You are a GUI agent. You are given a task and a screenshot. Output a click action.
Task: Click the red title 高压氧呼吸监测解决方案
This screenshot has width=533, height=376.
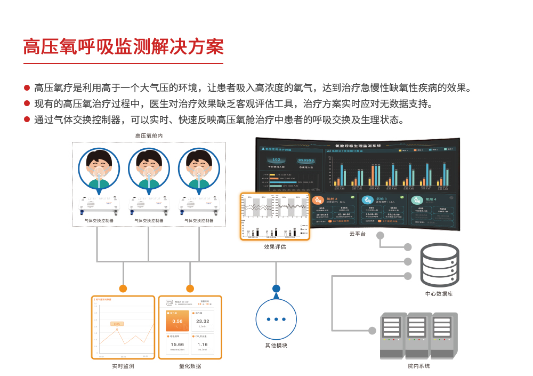123,47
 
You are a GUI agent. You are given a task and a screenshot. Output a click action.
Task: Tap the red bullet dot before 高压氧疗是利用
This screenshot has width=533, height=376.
27,88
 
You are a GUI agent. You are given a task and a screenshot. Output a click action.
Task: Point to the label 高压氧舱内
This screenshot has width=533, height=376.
149,136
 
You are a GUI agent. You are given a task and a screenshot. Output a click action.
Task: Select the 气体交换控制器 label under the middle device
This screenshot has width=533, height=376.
149,220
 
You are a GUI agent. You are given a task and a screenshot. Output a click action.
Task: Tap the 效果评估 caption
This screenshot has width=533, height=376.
275,247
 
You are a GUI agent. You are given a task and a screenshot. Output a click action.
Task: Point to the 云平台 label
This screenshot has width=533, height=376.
357,234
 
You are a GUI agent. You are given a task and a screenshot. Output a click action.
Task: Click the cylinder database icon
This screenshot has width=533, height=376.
439,265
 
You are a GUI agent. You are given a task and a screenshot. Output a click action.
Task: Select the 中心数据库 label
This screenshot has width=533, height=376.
439,294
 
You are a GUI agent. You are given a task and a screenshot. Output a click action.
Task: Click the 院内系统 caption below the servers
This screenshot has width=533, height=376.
418,366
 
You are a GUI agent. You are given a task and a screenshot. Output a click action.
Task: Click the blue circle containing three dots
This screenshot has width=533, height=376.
276,319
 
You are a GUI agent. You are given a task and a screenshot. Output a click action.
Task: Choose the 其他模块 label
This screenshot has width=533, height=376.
276,346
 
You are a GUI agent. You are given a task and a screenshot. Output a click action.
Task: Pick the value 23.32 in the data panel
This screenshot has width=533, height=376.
203,322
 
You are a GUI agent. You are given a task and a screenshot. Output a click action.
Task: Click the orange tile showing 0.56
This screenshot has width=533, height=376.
177,321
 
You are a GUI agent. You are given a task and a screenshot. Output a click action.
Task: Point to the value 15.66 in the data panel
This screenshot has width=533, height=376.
177,345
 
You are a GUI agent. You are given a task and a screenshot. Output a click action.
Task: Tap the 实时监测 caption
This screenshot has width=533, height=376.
123,366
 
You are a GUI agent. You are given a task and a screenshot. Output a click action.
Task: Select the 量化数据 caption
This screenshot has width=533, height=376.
190,366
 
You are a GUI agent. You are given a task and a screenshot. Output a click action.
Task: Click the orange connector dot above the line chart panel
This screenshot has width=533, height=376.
123,289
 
